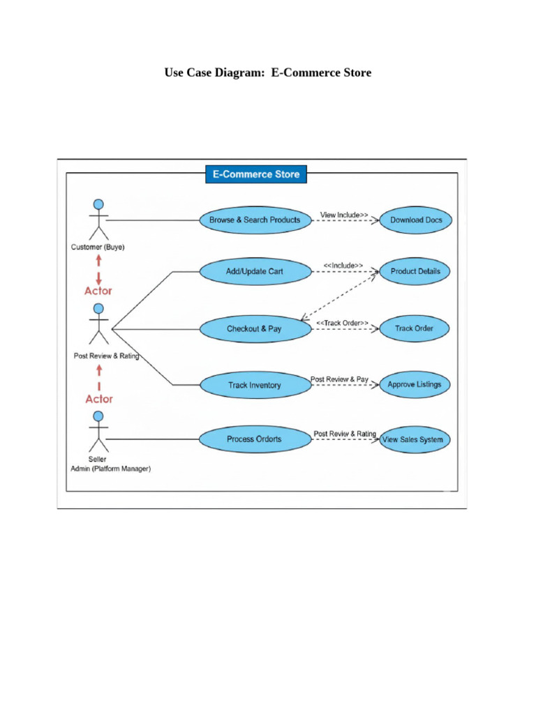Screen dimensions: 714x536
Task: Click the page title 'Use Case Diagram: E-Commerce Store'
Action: tap(267, 73)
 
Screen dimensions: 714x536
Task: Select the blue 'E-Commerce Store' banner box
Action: tap(255, 174)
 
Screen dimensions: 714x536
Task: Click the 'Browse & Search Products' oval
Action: tap(255, 220)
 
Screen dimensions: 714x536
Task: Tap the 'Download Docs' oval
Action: tap(415, 220)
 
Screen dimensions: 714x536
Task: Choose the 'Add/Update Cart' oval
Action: tap(255, 271)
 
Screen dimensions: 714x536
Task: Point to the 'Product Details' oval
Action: tap(415, 271)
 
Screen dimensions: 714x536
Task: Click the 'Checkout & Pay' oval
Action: tap(255, 328)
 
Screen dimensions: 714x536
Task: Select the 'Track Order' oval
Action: tap(415, 328)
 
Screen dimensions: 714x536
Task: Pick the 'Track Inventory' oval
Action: tap(255, 385)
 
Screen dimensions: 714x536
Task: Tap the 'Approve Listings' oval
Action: tap(415, 385)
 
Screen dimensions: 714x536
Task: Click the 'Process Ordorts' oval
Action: tap(255, 439)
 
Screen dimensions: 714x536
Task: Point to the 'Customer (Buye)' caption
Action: tap(98, 247)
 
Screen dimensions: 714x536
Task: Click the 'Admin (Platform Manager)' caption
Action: tap(110, 469)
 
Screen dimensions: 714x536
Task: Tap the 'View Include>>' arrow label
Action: tap(344, 215)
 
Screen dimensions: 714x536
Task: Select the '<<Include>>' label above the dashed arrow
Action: tap(343, 266)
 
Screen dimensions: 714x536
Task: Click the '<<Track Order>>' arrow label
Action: tap(342, 323)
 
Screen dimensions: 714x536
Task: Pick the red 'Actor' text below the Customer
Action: tap(98, 291)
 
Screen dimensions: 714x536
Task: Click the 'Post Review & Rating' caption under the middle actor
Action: tap(106, 356)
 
